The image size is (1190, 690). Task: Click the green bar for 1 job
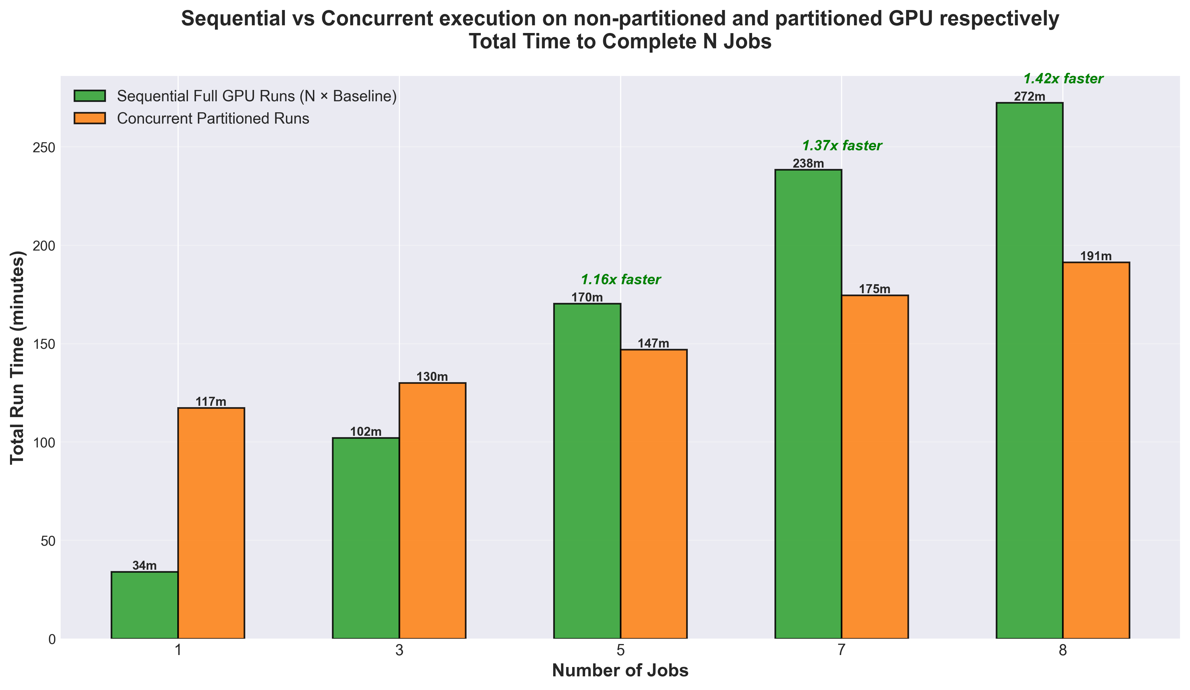(x=145, y=605)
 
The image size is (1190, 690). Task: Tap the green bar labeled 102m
(x=366, y=538)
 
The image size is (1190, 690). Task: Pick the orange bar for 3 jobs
(x=433, y=510)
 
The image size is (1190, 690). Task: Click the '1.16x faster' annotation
(x=620, y=280)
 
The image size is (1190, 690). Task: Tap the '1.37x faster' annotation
(x=842, y=146)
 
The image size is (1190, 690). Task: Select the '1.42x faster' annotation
(x=1063, y=79)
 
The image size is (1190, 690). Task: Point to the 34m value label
(x=145, y=566)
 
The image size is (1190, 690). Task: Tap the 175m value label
(x=874, y=290)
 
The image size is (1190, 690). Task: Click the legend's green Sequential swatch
(x=90, y=96)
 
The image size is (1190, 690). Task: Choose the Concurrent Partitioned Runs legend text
(x=213, y=119)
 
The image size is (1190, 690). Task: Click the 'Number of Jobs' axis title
(x=620, y=671)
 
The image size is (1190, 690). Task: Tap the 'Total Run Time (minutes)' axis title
(x=18, y=357)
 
